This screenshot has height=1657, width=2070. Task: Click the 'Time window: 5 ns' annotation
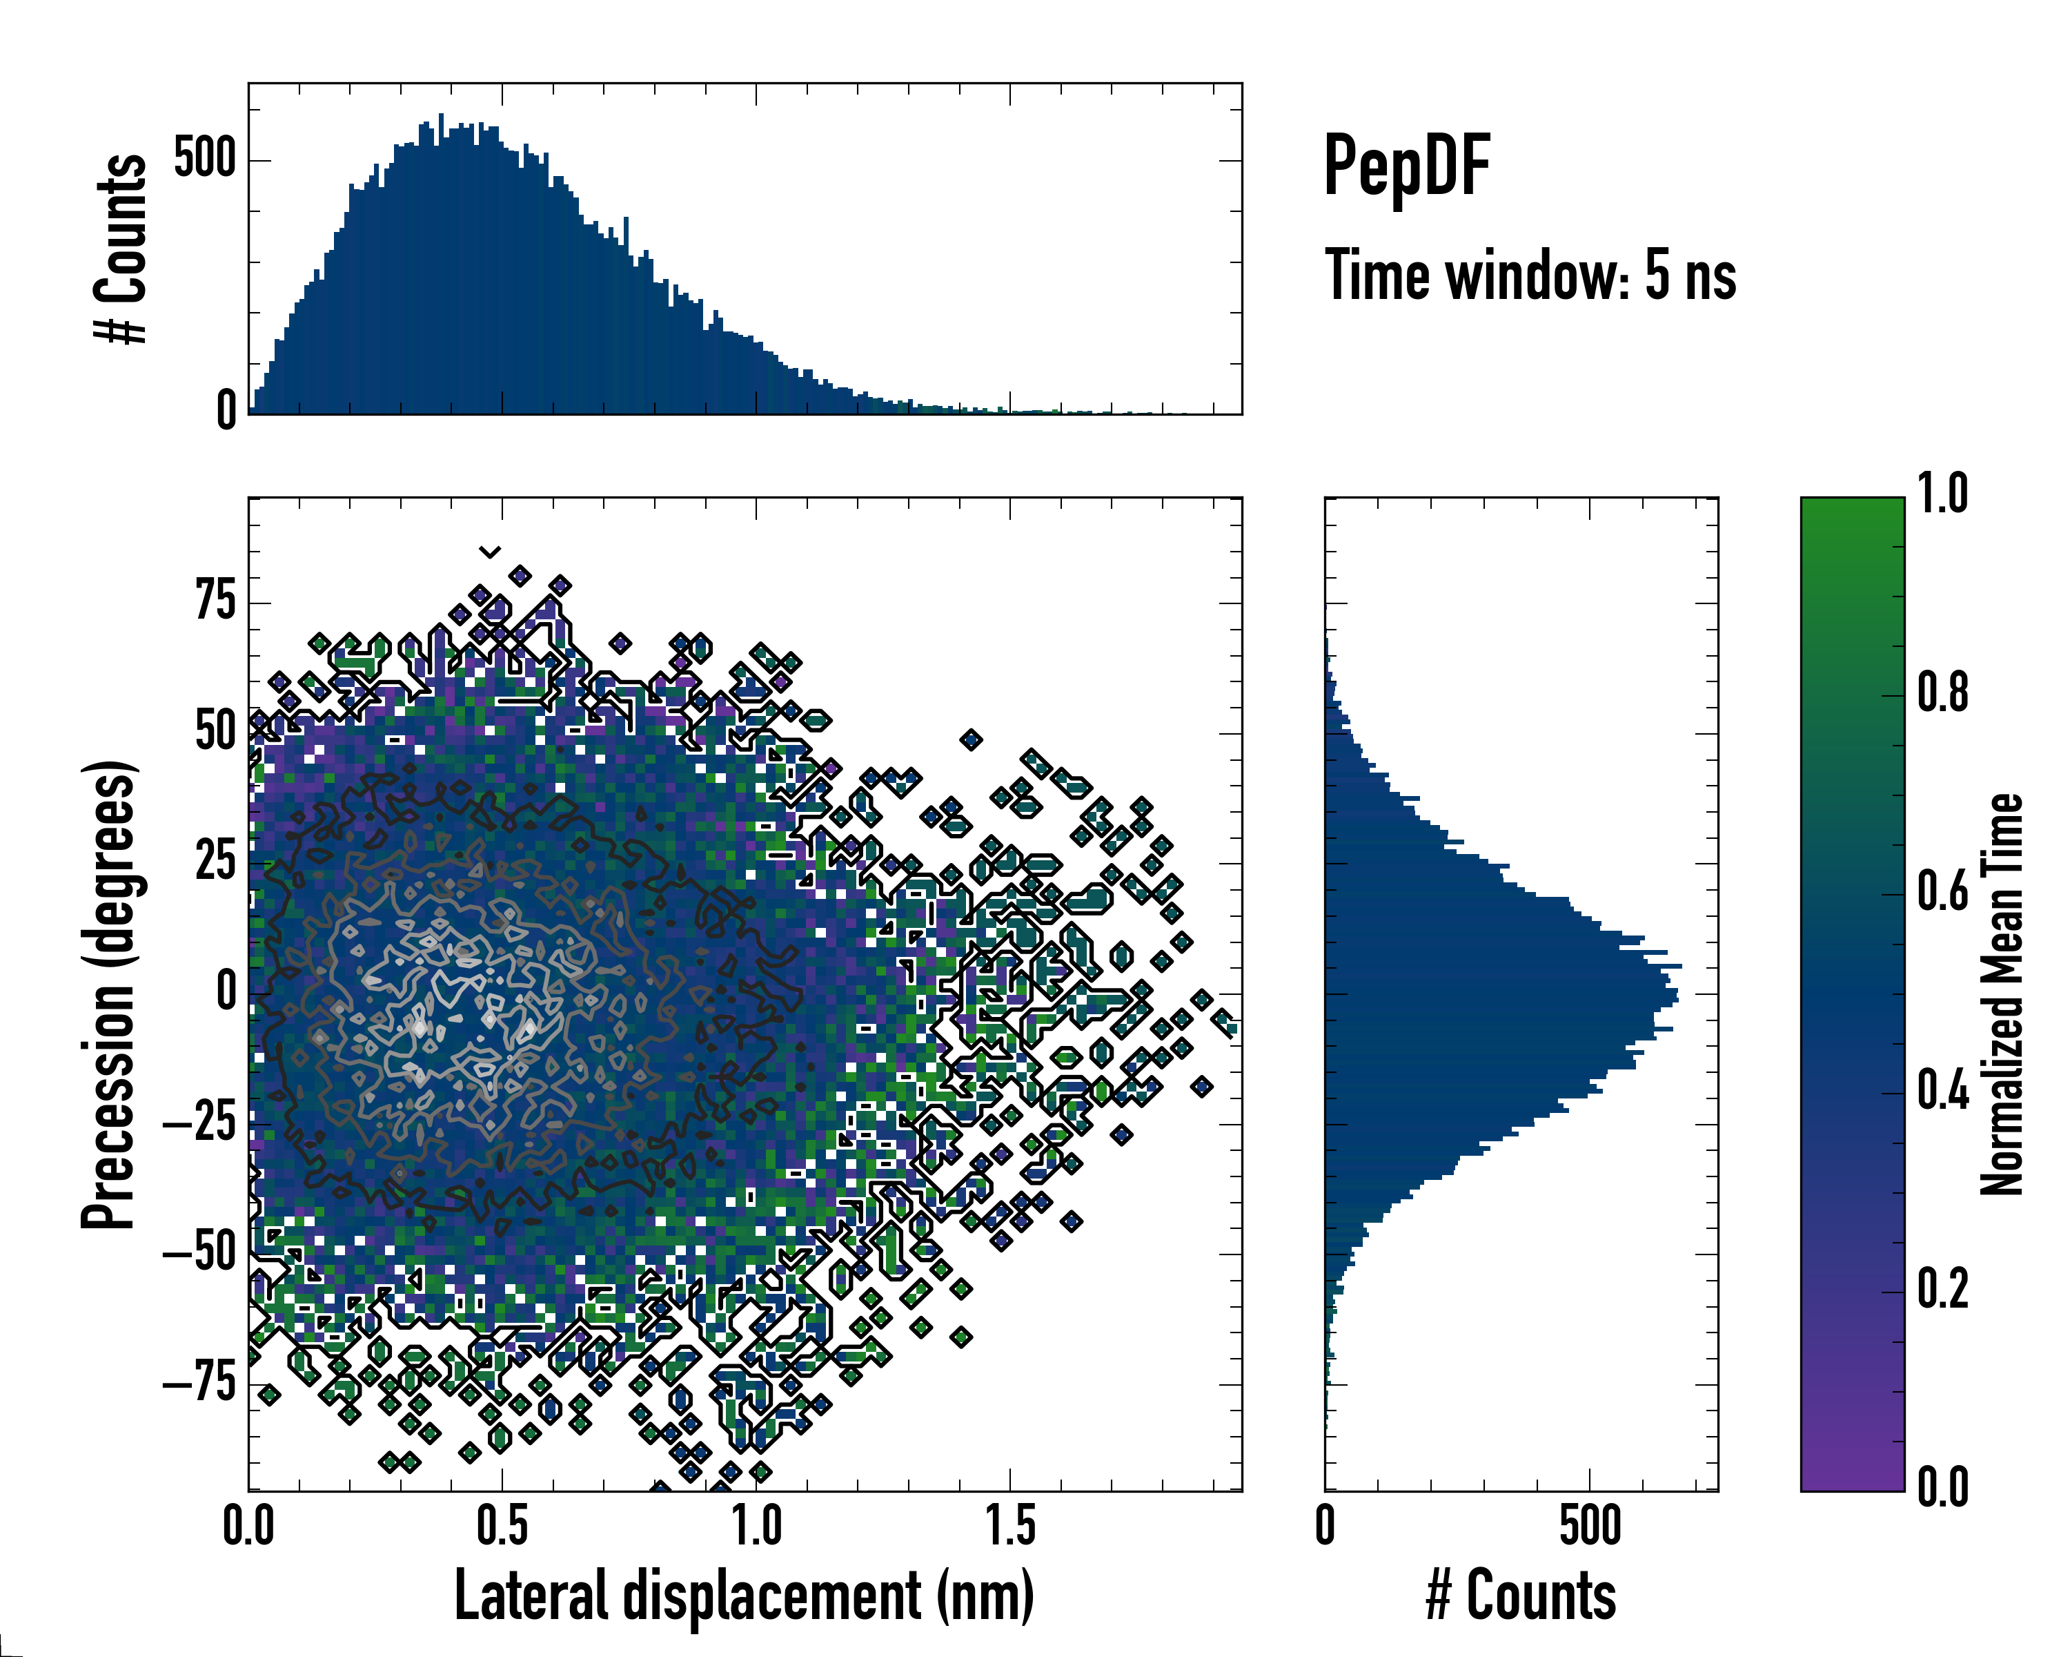(x=1530, y=275)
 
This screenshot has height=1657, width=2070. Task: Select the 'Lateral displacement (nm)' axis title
(x=744, y=1596)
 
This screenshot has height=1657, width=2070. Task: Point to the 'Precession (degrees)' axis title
(x=108, y=994)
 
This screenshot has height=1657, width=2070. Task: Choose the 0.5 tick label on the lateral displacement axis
(x=502, y=1527)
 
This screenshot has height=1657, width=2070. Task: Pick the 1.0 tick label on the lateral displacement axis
(x=756, y=1527)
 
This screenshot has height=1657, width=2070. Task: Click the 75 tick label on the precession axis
(x=215, y=603)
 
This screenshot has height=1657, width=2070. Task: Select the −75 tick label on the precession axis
(x=199, y=1384)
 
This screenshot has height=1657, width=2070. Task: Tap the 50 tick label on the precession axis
(x=215, y=733)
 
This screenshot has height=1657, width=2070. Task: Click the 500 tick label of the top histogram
(x=204, y=159)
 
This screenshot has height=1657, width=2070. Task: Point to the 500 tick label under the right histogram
(x=1590, y=1527)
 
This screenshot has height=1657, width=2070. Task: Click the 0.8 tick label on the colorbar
(x=1942, y=694)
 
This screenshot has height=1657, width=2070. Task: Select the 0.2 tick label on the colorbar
(x=1942, y=1289)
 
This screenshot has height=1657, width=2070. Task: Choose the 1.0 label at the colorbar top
(x=1942, y=495)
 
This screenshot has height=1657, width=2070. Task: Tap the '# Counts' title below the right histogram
(x=1521, y=1596)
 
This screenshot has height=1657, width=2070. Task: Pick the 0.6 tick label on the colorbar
(x=1942, y=893)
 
